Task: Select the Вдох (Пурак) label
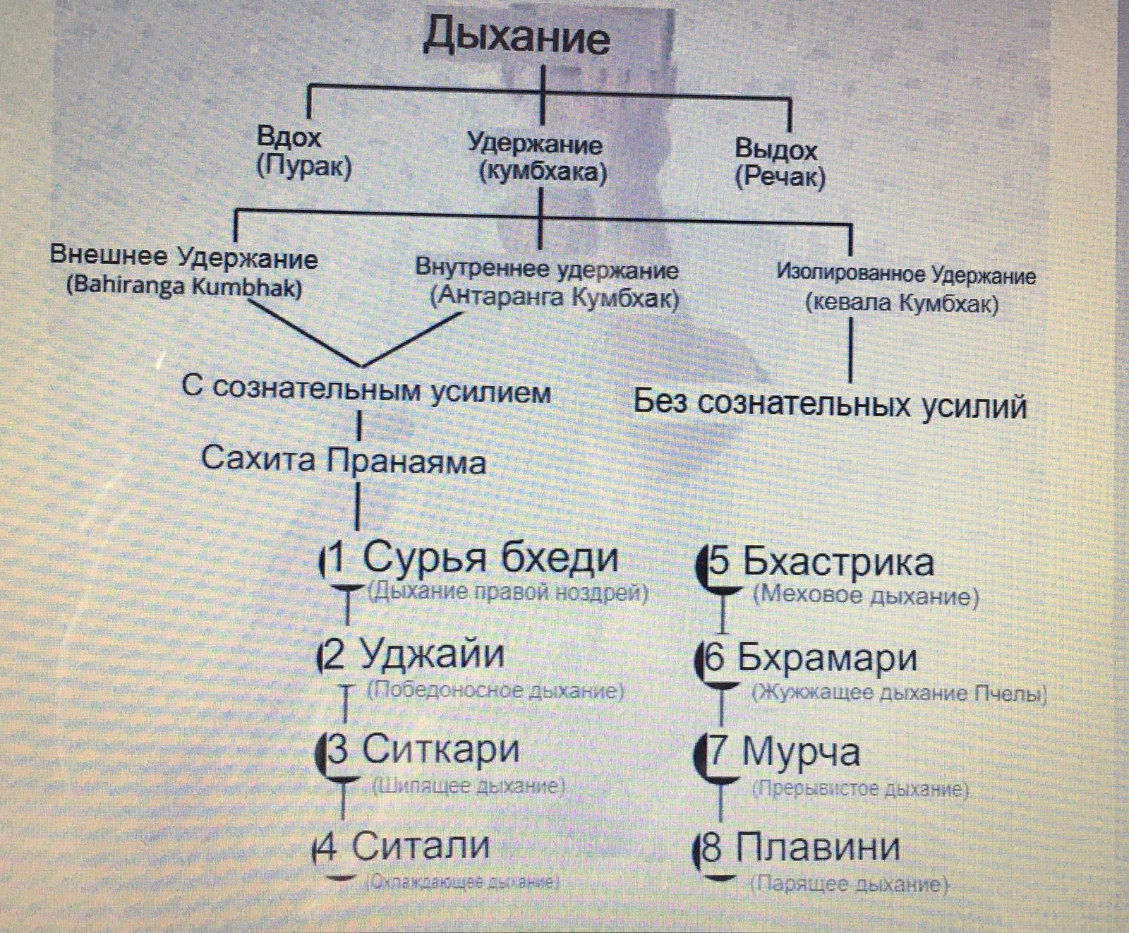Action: pos(303,152)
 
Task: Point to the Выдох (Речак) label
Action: pos(779,163)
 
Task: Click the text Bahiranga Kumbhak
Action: pos(184,288)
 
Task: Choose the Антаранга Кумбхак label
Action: pos(555,298)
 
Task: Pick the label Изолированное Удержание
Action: pos(906,274)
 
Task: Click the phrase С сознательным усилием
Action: pos(366,390)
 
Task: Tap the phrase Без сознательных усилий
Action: pos(829,404)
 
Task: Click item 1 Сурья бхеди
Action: pos(473,558)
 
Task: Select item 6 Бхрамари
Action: pos(811,658)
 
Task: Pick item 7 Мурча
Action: pos(784,752)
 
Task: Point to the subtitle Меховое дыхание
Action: pos(866,596)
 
